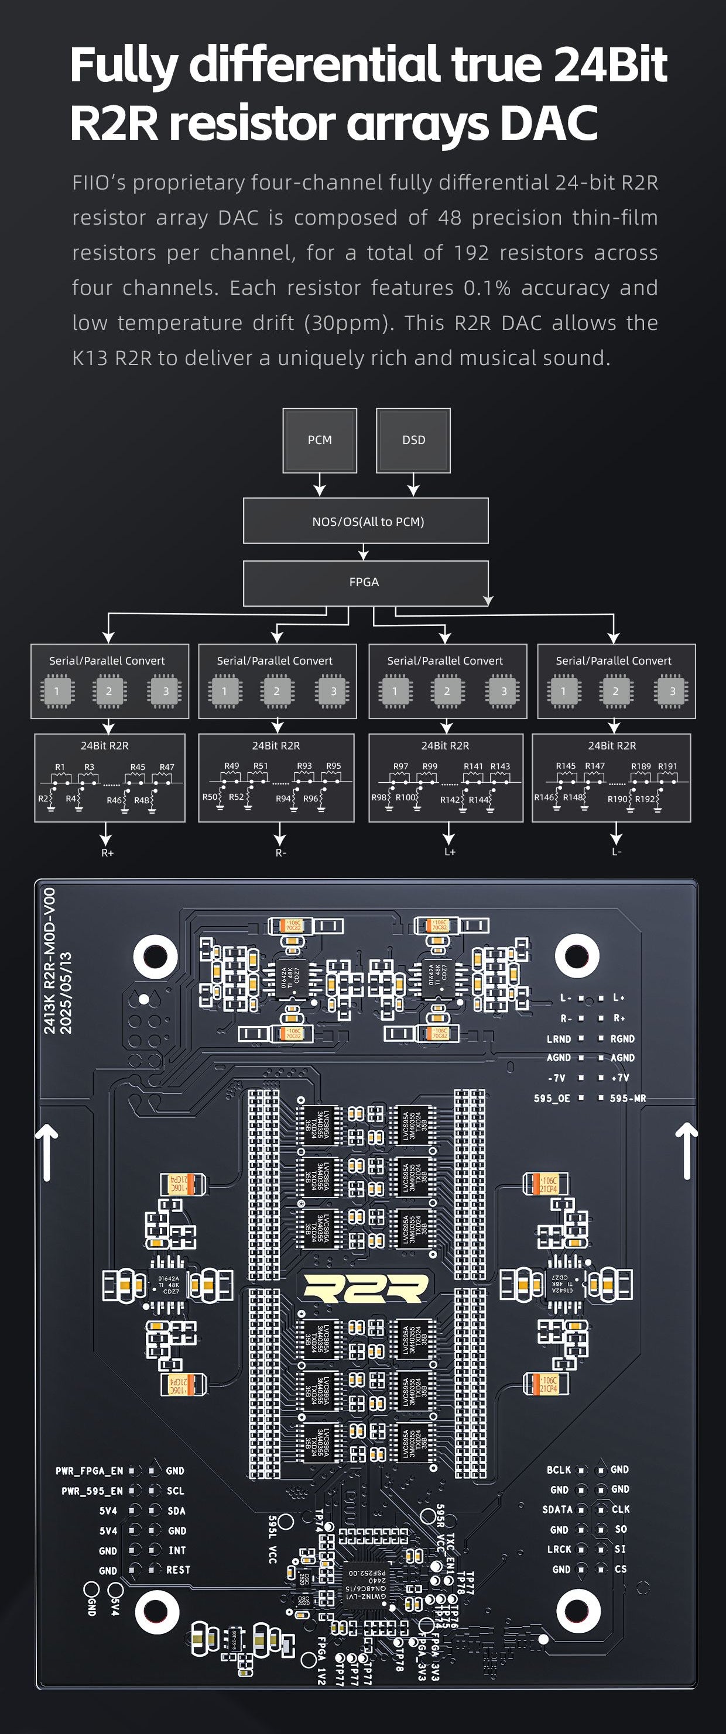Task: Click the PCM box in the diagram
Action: click(319, 441)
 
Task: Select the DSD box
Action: click(413, 441)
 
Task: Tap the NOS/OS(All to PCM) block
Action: click(366, 522)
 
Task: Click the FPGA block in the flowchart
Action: click(364, 582)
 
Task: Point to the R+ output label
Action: click(108, 853)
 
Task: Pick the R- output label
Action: click(281, 853)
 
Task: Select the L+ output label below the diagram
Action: click(450, 852)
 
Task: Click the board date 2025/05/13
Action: click(66, 993)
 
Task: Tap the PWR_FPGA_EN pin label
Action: click(90, 1471)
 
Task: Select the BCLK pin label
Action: click(559, 1470)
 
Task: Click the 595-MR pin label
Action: click(628, 1098)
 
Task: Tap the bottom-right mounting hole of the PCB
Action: click(577, 1611)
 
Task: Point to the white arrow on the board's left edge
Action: click(47, 1153)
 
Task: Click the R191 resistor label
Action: click(667, 766)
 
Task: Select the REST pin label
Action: click(179, 1569)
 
